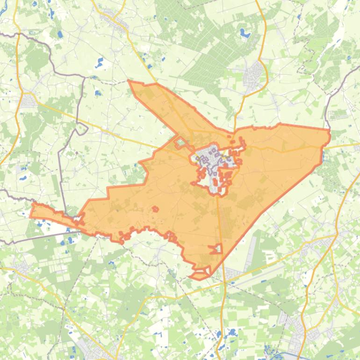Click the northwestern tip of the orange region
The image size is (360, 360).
tap(129, 81)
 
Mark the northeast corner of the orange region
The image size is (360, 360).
tap(329, 130)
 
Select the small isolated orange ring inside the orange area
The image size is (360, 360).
tap(154, 209)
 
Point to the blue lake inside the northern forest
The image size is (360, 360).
tap(245, 33)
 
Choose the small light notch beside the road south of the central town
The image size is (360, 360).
tap(216, 249)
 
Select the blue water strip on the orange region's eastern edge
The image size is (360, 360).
tap(323, 154)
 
